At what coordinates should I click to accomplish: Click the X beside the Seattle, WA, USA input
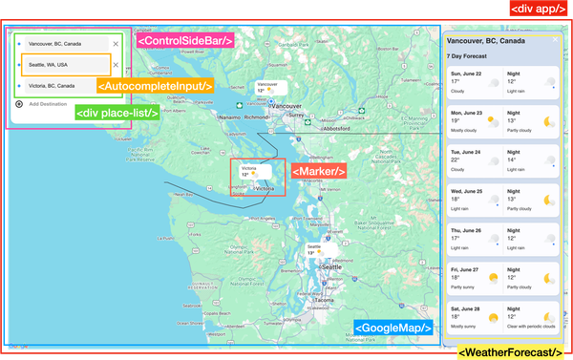(116, 66)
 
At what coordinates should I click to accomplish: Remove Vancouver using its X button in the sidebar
(116, 44)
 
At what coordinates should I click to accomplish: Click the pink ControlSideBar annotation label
(185, 42)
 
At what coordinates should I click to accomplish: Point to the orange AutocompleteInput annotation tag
(154, 85)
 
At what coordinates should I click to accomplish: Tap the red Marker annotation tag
(318, 171)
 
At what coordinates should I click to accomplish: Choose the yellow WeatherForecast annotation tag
(513, 352)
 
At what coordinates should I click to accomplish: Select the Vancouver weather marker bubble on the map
(272, 88)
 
